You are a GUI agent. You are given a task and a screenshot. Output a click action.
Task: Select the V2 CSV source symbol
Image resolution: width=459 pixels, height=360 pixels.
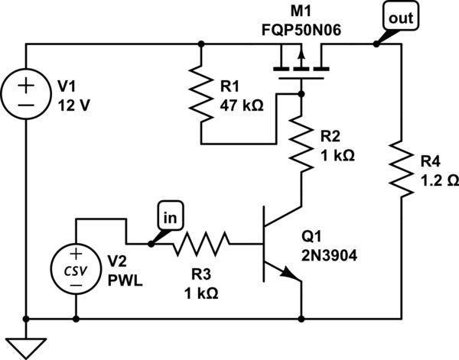(76, 270)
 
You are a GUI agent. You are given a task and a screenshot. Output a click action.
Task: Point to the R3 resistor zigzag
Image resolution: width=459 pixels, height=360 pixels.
(200, 245)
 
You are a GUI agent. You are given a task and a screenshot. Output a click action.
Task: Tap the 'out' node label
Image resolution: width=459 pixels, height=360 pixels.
(391, 16)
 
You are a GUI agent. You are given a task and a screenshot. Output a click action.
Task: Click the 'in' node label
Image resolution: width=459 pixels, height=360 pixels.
(169, 216)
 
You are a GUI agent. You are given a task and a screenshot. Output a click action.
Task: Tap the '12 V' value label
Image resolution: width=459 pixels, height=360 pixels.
(74, 105)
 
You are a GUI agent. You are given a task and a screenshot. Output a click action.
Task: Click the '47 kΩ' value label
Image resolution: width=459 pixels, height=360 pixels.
(243, 105)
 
